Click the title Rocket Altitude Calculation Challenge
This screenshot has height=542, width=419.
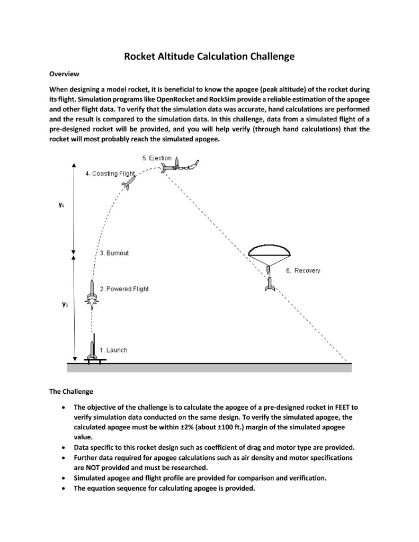[x=209, y=56]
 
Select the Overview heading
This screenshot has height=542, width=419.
[x=64, y=74]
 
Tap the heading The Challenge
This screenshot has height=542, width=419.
[x=71, y=392]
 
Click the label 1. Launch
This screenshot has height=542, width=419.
[x=114, y=350]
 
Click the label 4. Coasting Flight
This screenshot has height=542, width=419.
[x=111, y=174]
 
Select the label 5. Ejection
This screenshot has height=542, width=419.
[x=157, y=158]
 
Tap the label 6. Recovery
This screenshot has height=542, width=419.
[x=303, y=270]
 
